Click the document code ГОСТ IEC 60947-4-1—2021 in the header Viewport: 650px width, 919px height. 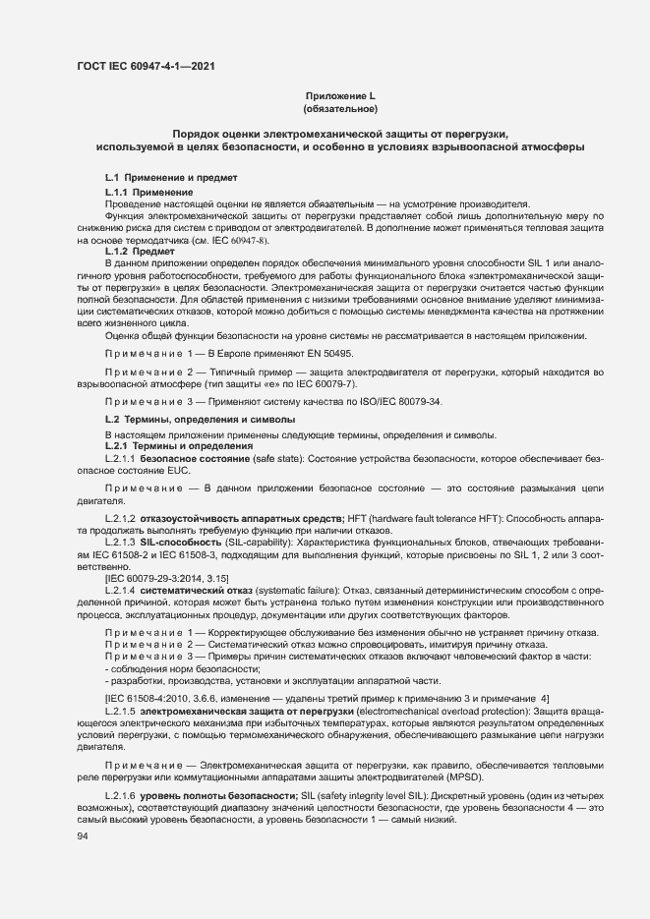(x=145, y=67)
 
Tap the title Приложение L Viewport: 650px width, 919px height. (x=340, y=95)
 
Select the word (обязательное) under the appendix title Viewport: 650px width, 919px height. (x=340, y=108)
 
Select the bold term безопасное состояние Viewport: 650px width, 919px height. (x=189, y=459)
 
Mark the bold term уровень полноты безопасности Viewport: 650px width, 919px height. (x=200, y=792)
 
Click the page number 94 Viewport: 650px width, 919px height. (x=83, y=837)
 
